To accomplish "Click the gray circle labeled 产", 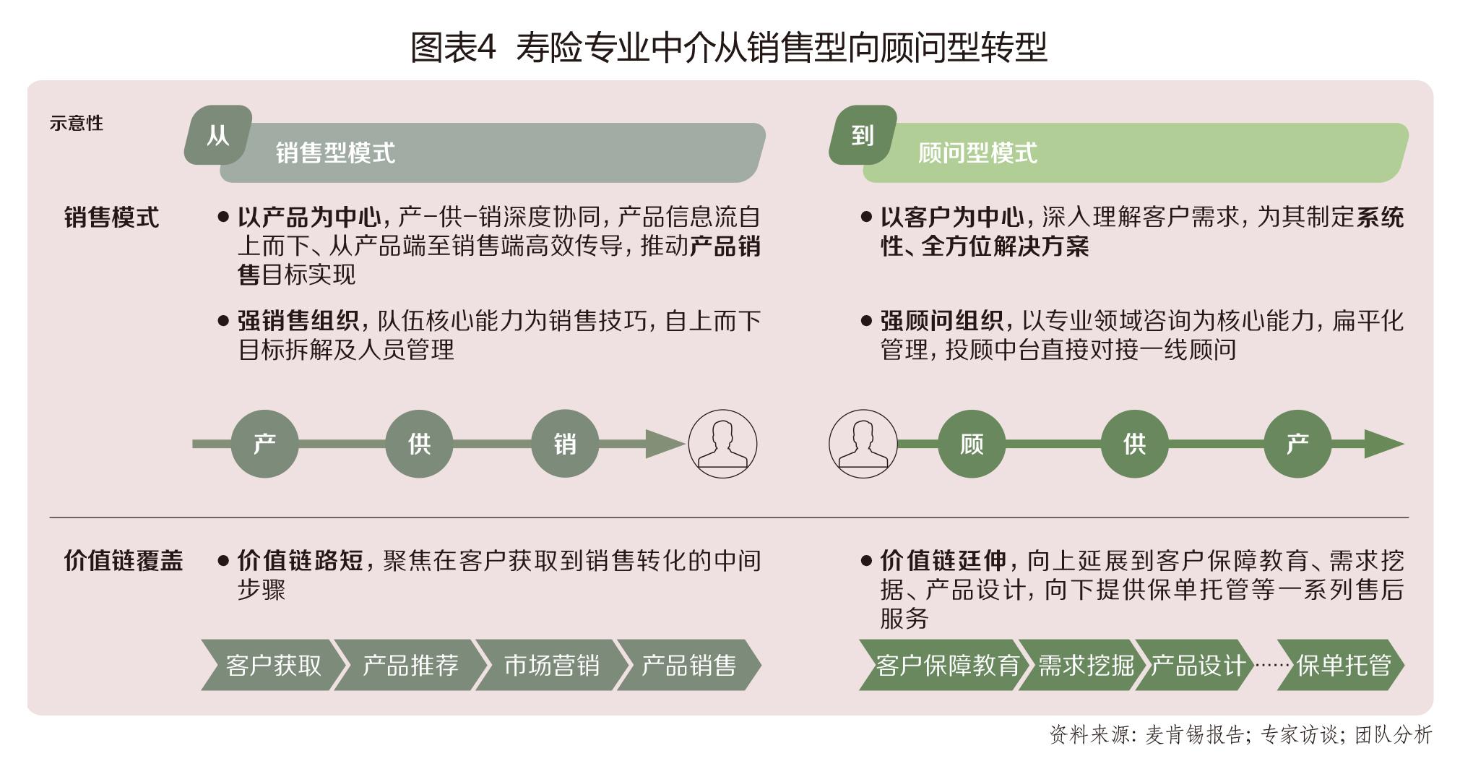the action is [265, 444].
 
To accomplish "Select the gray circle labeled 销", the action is [565, 444].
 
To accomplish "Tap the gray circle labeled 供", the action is [419, 444].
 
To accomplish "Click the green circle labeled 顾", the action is [972, 444].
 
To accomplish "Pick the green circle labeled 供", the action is [1134, 444].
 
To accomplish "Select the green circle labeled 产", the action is [1297, 444].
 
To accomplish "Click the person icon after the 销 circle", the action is [722, 444].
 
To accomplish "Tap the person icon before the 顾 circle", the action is [863, 444].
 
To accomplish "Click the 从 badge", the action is [218, 135].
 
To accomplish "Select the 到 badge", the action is [863, 135].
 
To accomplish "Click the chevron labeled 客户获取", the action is [272, 665].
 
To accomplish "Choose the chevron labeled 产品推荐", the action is [409, 665].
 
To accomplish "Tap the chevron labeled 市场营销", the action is [550, 665].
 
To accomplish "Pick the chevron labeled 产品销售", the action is [688, 665].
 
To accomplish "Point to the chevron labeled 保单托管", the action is [1342, 665].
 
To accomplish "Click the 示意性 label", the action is [76, 124].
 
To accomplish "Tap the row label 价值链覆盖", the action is [124, 561].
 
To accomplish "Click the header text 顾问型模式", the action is [977, 153].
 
